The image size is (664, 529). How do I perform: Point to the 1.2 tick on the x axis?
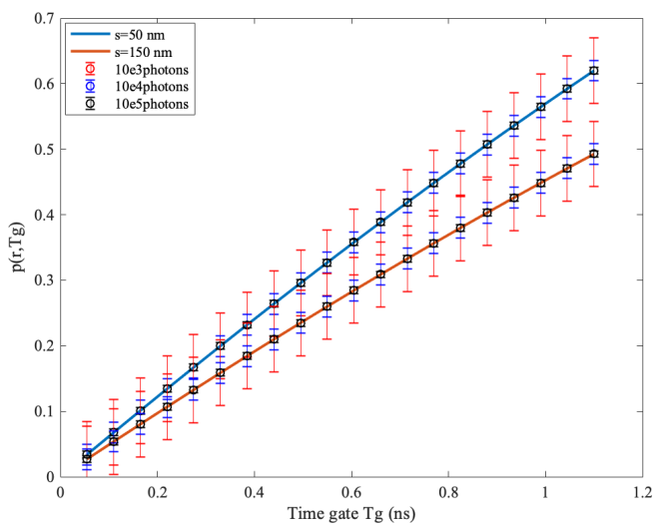(641, 492)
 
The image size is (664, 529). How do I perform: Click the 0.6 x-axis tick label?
(351, 492)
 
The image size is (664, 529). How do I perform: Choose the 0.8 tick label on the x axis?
(448, 492)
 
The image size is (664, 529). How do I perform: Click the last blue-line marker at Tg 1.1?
(593, 71)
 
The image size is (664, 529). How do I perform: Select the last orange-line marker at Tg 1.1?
(593, 154)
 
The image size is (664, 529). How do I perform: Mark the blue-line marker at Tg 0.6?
(353, 242)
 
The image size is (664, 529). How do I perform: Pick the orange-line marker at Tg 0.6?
(353, 290)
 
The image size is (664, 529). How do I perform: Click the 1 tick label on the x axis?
(545, 492)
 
